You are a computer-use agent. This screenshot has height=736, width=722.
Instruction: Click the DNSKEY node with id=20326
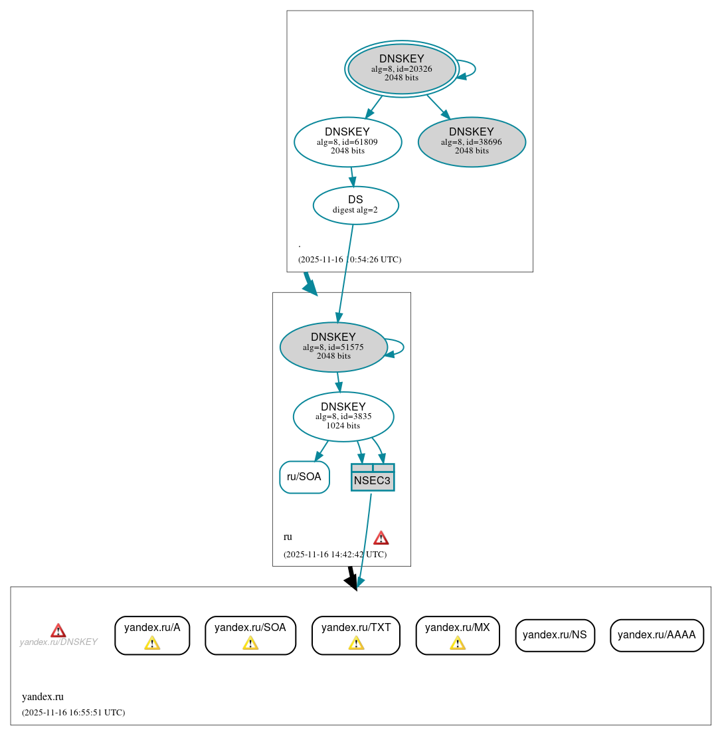[x=401, y=68]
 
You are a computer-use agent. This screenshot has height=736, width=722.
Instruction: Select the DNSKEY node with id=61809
[x=347, y=141]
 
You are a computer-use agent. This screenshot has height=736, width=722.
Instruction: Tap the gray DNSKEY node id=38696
[x=472, y=141]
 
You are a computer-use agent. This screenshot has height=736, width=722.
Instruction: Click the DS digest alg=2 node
[x=355, y=205]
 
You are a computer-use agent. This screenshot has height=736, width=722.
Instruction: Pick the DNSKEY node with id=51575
[x=333, y=347]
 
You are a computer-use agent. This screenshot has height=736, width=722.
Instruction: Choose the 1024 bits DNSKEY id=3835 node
[x=343, y=416]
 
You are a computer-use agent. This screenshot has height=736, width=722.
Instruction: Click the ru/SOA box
[x=304, y=477]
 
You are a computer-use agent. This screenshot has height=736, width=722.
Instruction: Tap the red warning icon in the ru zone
[x=381, y=537]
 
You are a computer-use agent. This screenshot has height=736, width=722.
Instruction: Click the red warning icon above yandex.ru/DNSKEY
[x=58, y=630]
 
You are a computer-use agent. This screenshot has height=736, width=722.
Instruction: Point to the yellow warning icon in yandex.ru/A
[x=152, y=643]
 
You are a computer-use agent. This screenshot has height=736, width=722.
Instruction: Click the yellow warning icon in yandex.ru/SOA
[x=250, y=643]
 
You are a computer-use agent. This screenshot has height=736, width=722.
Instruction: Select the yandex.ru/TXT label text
[x=356, y=627]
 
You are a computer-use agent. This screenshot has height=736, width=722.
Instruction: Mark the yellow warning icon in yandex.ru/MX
[x=458, y=643]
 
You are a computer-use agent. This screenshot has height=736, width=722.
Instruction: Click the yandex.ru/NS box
[x=555, y=635]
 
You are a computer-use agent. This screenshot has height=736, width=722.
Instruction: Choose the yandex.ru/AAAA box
[x=656, y=635]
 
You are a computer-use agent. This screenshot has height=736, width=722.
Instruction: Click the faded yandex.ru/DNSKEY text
[x=58, y=642]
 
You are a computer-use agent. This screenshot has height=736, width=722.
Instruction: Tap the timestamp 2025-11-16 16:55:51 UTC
[x=73, y=713]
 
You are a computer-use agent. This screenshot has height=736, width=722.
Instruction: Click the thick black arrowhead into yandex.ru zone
[x=352, y=581]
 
